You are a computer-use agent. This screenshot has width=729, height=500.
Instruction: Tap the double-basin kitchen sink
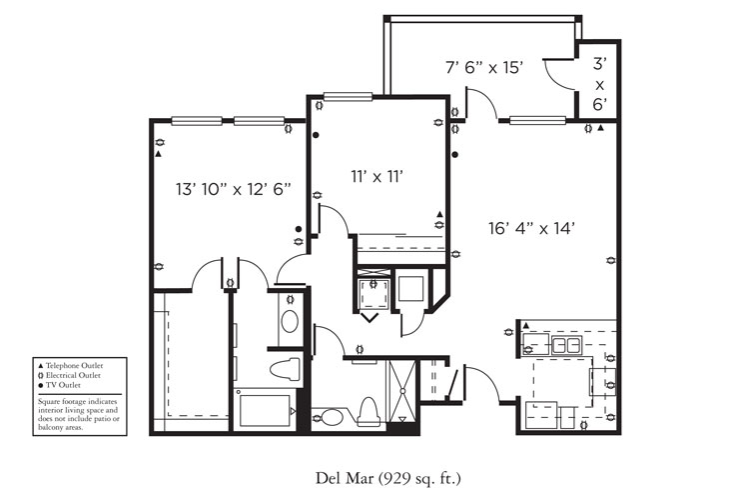pyautogui.click(x=567, y=346)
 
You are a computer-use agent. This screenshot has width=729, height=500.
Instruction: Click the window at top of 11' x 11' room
pyautogui.click(x=343, y=97)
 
